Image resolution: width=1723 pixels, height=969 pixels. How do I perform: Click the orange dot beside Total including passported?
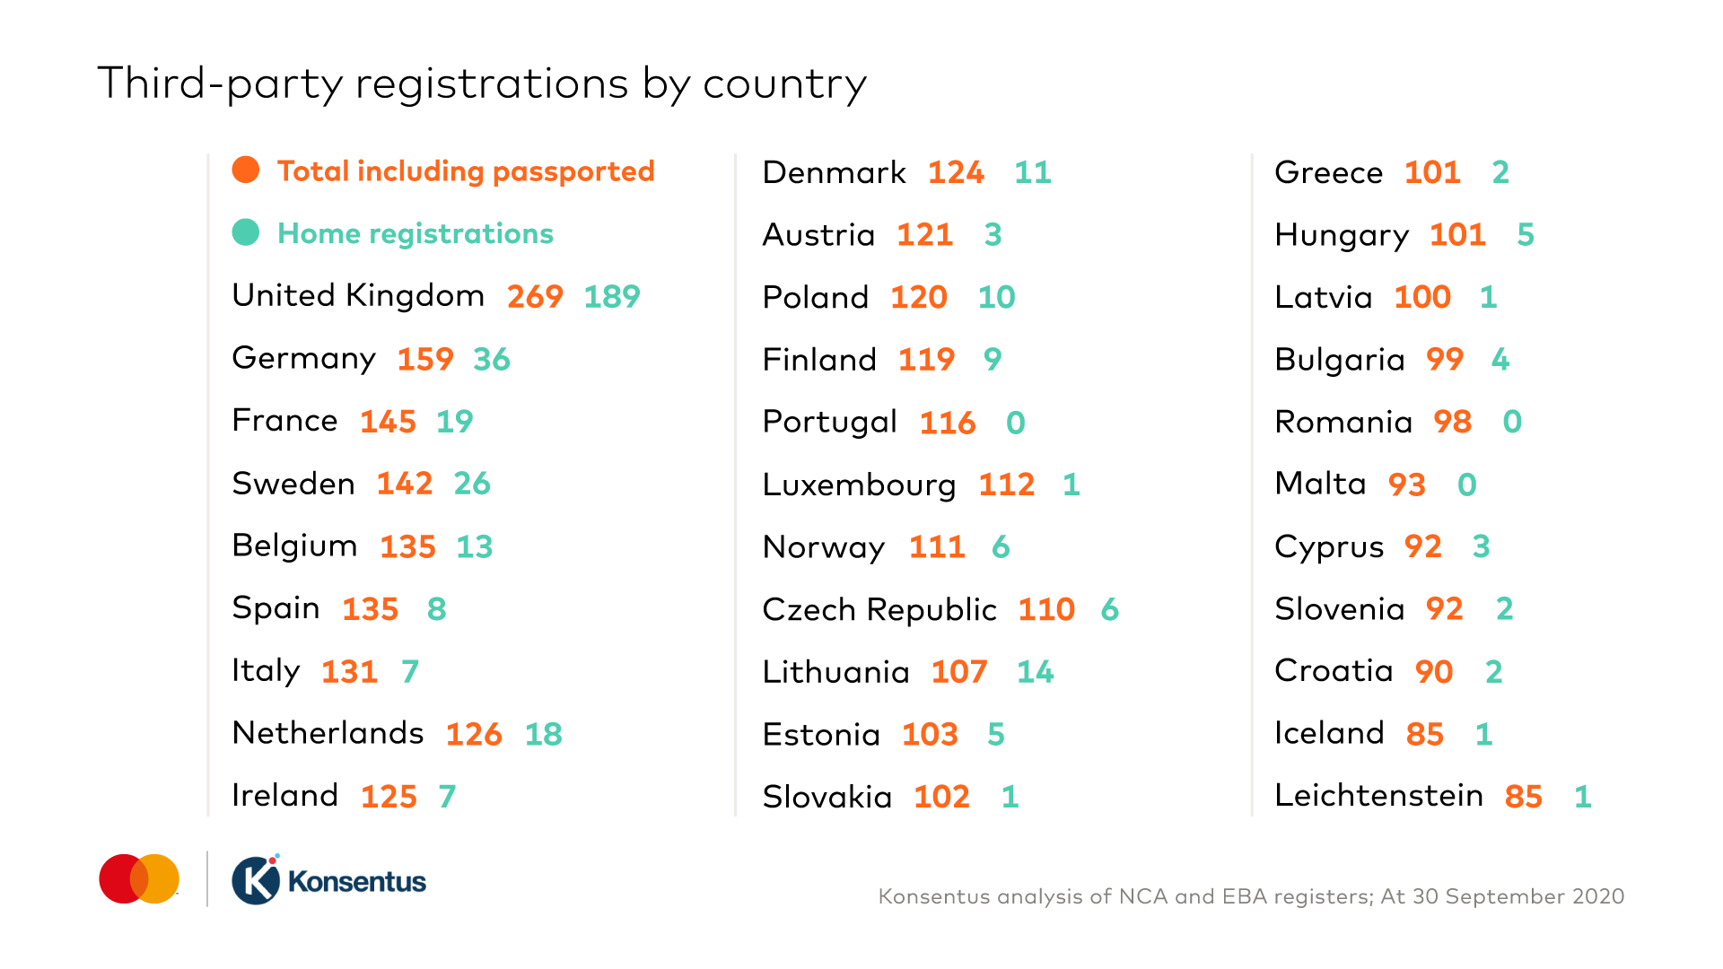pos(246,170)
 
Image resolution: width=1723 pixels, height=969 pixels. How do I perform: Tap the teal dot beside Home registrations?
pos(246,232)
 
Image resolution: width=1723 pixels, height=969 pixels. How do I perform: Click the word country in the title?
pos(784,84)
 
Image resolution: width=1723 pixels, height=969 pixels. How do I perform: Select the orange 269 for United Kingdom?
pos(535,296)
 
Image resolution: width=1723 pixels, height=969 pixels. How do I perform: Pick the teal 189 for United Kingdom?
pos(612,296)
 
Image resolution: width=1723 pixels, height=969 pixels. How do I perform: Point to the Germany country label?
pos(303,359)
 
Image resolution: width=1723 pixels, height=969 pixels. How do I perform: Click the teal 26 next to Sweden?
pos(472,484)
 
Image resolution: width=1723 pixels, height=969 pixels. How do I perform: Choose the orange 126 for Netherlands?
pos(474,734)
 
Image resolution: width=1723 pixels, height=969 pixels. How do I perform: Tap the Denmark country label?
pos(834,172)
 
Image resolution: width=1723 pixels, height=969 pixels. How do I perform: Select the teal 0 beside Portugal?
pos(1016,422)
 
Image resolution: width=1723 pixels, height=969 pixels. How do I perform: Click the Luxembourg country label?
pos(859,484)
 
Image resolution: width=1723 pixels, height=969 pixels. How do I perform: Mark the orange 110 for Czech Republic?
pos(1046,609)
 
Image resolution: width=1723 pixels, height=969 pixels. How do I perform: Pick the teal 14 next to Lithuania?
pos(1036,671)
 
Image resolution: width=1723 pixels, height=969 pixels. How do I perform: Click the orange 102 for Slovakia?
pos(941,797)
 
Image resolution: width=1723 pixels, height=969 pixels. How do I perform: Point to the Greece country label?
pos(1328,172)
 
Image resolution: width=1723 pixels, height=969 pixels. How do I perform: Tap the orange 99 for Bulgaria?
pos(1445,359)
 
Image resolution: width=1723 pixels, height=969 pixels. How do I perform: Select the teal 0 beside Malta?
pos(1467,484)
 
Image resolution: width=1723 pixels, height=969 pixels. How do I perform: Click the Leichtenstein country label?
pos(1378,796)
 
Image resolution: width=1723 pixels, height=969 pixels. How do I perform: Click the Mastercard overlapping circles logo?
pos(139,879)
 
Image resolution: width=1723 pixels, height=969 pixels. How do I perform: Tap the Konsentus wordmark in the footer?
pos(356,882)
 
